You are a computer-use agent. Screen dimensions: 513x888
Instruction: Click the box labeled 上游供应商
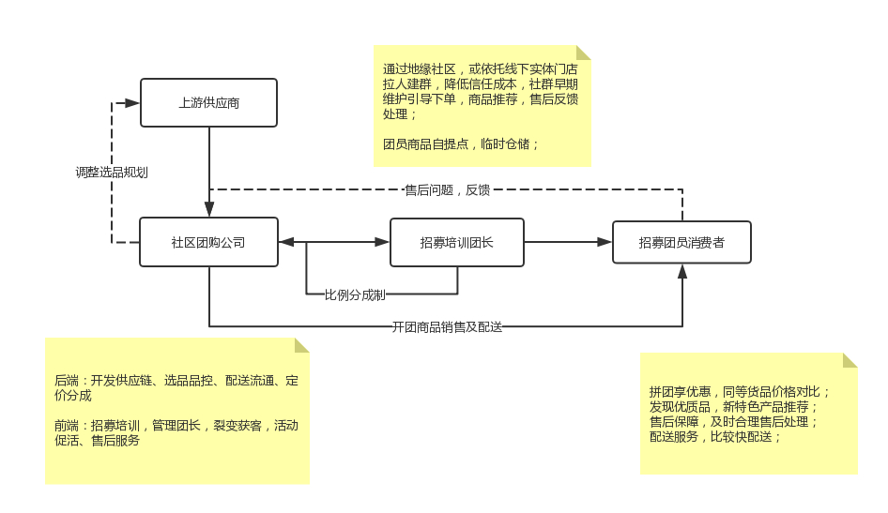pyautogui.click(x=208, y=102)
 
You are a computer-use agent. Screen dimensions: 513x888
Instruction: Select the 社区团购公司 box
pyautogui.click(x=208, y=242)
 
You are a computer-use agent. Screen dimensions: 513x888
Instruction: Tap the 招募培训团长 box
pyautogui.click(x=456, y=242)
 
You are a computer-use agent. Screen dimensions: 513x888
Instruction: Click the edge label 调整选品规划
pyautogui.click(x=112, y=173)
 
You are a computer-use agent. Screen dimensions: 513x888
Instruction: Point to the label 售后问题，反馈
pyautogui.click(x=447, y=189)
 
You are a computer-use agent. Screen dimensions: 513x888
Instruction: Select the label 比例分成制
pyautogui.click(x=355, y=294)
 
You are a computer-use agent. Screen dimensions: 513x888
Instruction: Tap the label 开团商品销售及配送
pyautogui.click(x=447, y=326)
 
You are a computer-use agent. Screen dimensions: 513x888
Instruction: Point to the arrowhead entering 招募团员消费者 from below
pyautogui.click(x=682, y=272)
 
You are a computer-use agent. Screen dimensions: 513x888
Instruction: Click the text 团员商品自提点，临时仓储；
pyautogui.click(x=461, y=144)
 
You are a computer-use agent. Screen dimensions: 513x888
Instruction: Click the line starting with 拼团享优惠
pyautogui.click(x=740, y=392)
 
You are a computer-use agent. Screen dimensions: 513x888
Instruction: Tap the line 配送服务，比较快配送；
pyautogui.click(x=715, y=436)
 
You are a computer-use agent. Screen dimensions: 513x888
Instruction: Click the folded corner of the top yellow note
pyautogui.click(x=583, y=53)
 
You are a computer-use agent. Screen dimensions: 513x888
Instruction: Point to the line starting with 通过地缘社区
pyautogui.click(x=481, y=68)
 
